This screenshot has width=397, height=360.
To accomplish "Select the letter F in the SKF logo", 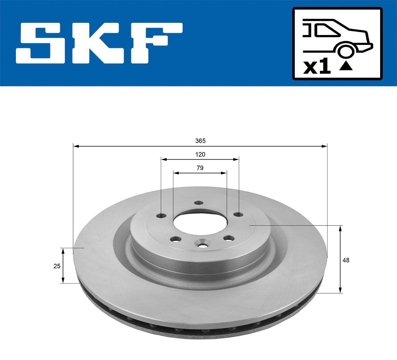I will [155, 43].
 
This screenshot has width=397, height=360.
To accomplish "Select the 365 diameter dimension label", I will [200, 141].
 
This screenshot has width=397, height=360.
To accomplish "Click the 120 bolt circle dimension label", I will [200, 154].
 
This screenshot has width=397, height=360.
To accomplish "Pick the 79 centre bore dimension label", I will [200, 168].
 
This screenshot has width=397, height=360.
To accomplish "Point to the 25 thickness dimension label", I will [57, 266].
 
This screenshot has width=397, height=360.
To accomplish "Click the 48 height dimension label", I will [346, 260].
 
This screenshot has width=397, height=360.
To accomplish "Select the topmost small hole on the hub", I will [198, 203].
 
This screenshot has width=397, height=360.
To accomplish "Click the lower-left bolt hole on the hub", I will [174, 239].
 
